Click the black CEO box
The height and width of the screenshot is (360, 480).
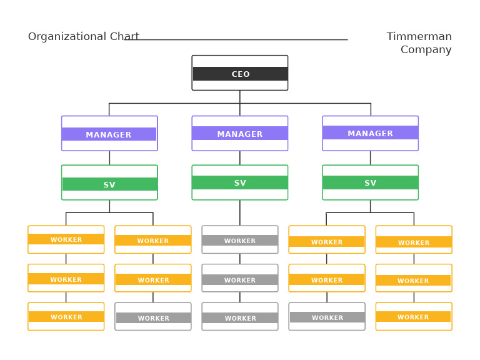(240, 73)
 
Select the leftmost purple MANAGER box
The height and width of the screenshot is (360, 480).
(109, 134)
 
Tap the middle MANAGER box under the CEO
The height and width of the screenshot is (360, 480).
(240, 133)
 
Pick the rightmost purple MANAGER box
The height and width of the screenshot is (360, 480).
(370, 133)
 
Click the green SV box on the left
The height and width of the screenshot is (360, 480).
(109, 183)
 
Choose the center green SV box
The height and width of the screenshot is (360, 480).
(240, 182)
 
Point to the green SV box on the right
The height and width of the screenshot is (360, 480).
(370, 182)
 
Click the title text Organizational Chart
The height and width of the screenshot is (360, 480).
(83, 37)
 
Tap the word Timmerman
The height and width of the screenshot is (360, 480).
(419, 37)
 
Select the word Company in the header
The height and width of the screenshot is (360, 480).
(426, 50)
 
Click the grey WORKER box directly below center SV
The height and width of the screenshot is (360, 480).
(240, 240)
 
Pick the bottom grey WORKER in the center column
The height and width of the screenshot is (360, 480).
(240, 317)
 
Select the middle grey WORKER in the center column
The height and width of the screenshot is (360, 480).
(240, 279)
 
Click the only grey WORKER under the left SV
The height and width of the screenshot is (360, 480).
(153, 317)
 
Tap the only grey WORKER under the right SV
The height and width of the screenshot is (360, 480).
(327, 317)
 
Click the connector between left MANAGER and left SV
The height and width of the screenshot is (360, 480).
(109, 158)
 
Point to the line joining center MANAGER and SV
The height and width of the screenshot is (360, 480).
(240, 158)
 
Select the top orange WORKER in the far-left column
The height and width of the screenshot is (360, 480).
(66, 239)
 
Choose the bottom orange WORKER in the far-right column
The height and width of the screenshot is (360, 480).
(414, 317)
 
